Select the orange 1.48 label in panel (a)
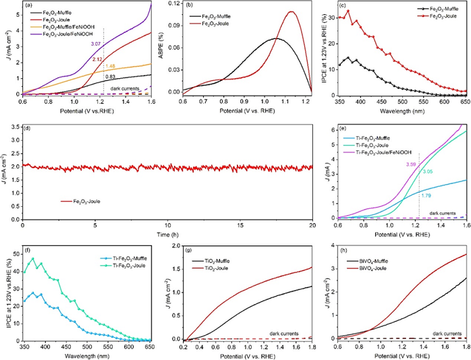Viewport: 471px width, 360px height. click(x=111, y=66)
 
